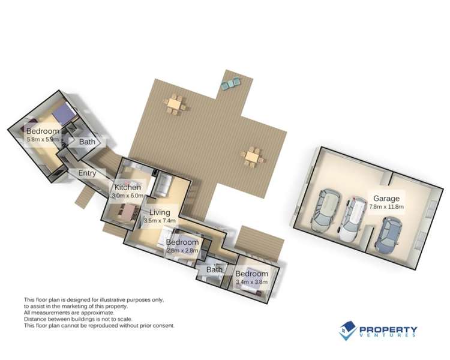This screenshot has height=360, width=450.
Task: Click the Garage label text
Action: [x=386, y=199]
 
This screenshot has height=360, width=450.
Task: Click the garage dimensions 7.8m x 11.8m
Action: [x=386, y=207]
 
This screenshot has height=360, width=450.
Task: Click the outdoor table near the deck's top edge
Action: [x=175, y=104]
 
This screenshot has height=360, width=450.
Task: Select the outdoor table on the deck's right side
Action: [x=253, y=156]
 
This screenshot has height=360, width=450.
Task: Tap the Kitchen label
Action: [x=127, y=188]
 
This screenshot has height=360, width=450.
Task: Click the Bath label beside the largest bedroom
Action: [x=87, y=142]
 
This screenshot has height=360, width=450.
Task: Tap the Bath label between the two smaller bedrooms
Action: [x=214, y=270]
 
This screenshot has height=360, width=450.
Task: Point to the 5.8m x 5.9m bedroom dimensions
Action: [x=43, y=139]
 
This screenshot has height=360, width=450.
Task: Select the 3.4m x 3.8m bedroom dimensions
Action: [x=251, y=282]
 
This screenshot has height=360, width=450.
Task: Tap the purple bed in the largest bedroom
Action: [x=61, y=112]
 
